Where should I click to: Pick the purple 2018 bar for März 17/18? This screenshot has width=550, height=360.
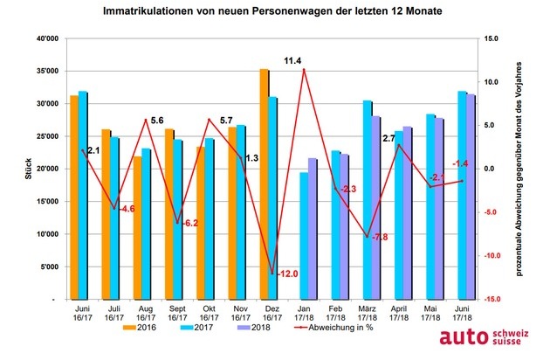point(376,208)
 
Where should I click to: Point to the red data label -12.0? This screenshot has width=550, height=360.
point(287,274)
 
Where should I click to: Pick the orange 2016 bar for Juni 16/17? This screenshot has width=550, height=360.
point(74,197)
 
